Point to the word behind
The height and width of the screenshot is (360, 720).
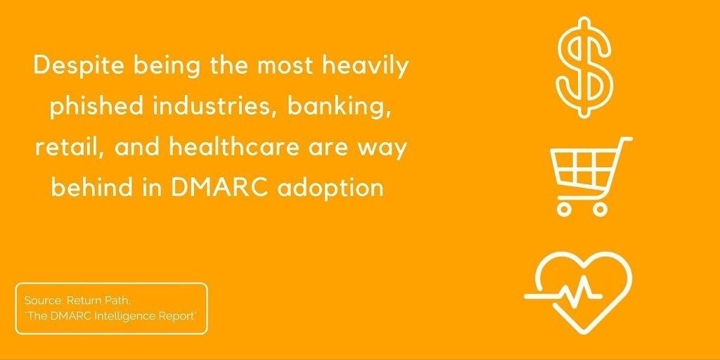pyautogui.click(x=95, y=188)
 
